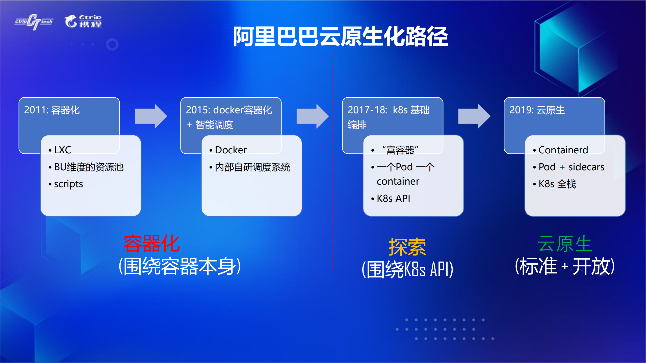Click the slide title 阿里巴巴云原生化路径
coord(340,37)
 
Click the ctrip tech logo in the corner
coord(34,22)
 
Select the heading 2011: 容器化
coord(52,110)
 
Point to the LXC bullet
coord(62,150)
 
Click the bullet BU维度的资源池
coord(88,167)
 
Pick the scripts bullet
coord(68,184)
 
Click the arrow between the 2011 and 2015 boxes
coord(151,116)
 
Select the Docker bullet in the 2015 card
coord(230,150)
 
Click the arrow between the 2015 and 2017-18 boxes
coord(312,116)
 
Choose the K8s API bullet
coord(393,199)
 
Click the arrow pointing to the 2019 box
coord(474,116)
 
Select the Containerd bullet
coord(563,150)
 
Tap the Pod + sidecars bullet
coord(571,167)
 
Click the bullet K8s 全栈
coord(557,184)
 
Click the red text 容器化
coord(152,244)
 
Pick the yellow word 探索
coord(407,247)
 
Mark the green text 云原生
coord(564,244)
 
